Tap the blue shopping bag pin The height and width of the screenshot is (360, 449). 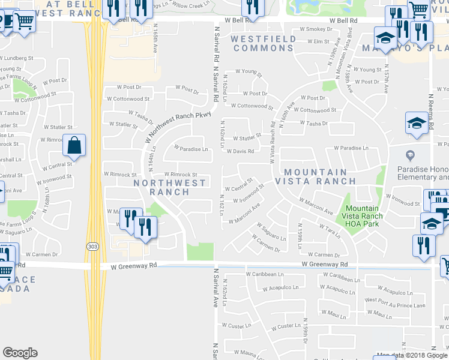74,146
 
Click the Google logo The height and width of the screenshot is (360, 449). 20,353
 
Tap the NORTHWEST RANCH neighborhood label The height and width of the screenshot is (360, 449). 161,187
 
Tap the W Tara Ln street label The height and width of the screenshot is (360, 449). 330,229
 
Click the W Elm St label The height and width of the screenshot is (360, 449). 318,41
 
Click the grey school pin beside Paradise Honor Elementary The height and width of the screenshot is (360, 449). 410,154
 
